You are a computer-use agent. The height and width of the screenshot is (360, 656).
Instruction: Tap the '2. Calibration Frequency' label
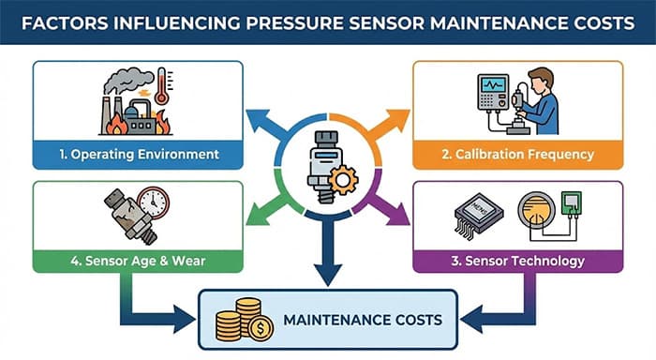tap(517, 154)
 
